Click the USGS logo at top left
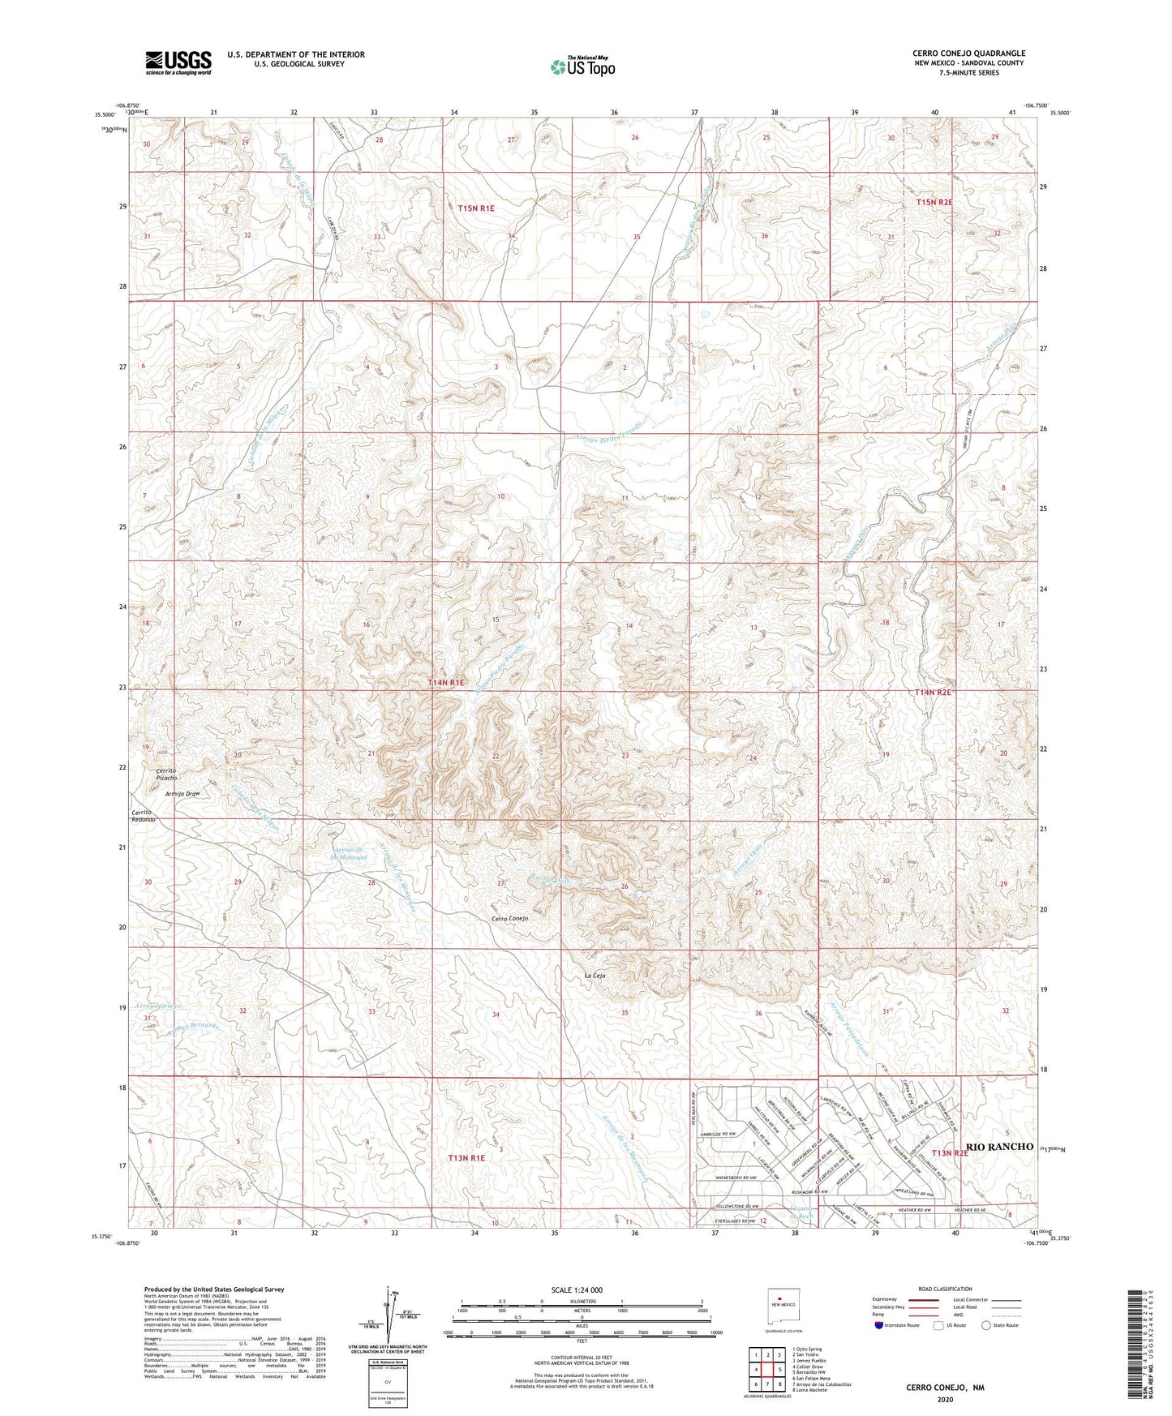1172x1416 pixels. point(178,62)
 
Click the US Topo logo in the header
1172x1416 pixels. point(582,67)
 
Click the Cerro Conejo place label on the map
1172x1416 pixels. point(510,919)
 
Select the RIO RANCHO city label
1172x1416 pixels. point(999,1146)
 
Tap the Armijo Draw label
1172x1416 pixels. point(182,794)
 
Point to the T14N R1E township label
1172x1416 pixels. point(446,683)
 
